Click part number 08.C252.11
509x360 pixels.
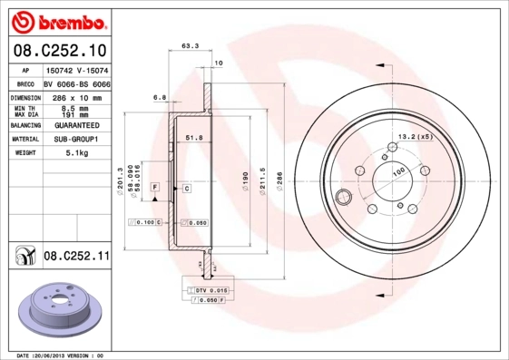76,257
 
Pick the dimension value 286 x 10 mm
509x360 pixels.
75,96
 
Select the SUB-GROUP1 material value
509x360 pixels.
75,140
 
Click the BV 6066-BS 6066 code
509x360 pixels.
77,83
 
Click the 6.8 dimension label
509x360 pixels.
160,96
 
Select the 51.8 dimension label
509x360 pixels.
193,138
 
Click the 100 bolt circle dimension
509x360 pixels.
397,170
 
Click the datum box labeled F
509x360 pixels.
155,187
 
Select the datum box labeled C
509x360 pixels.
186,188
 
